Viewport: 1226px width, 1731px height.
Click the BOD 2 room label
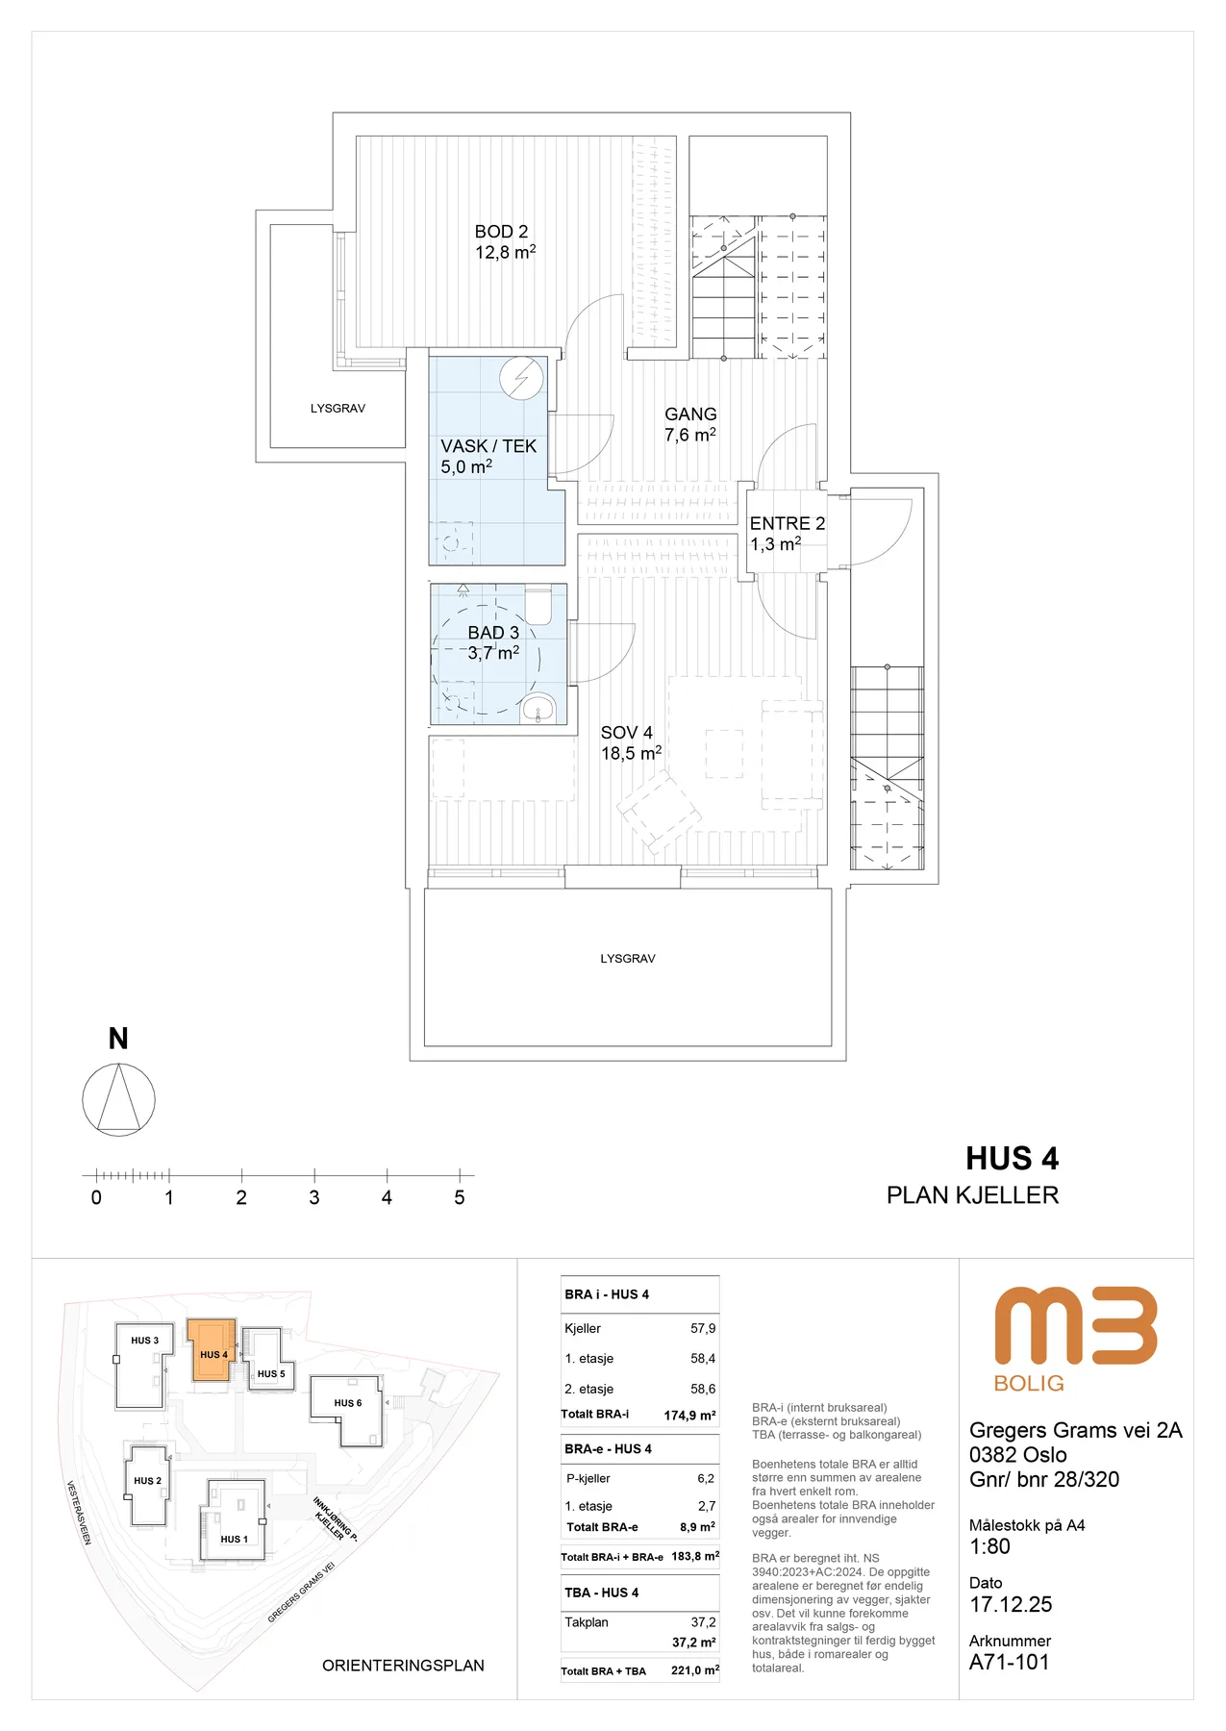[501, 232]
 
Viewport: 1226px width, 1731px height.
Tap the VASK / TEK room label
[488, 446]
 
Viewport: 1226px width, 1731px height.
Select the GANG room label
[690, 414]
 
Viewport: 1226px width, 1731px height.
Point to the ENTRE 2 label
[788, 524]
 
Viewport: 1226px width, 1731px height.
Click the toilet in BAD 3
[538, 605]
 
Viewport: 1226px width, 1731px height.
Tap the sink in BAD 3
[538, 709]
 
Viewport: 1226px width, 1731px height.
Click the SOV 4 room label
[627, 733]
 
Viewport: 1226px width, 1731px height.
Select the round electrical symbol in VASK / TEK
[522, 379]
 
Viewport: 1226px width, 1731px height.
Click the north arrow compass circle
[118, 1099]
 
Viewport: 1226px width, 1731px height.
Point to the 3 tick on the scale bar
[314, 1176]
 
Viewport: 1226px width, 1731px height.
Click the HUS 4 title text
[1012, 1159]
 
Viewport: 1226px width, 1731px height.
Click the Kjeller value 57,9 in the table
[703, 1328]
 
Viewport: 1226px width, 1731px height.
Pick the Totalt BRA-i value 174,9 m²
[689, 1415]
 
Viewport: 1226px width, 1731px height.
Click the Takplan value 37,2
[703, 1622]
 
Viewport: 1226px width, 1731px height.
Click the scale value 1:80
[989, 1546]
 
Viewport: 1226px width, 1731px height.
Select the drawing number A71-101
[1009, 1662]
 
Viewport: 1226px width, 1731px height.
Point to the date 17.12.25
[1011, 1604]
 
